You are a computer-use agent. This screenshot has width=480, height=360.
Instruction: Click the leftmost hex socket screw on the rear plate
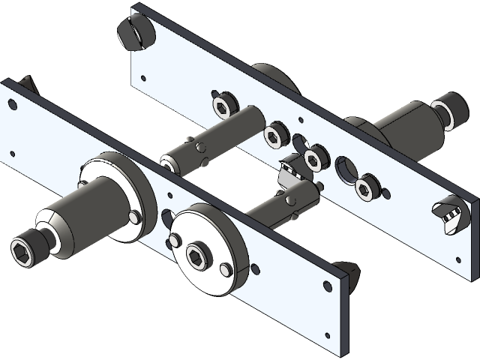pos(221,104)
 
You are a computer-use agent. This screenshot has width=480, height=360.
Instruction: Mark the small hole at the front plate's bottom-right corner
pos(328,286)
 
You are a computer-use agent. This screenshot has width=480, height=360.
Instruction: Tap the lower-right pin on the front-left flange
pos(133,217)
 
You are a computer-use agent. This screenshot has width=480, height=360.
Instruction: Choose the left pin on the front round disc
pos(175,240)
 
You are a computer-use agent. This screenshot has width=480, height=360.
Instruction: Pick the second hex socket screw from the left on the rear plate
pos(275,133)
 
